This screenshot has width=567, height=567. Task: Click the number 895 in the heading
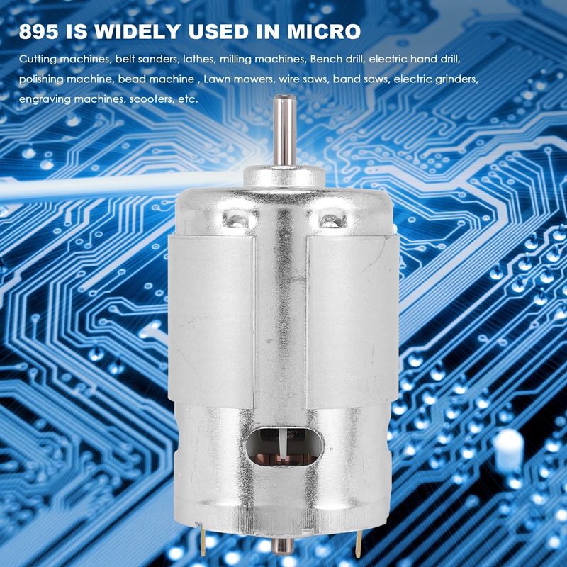tap(37, 33)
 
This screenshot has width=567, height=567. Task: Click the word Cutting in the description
tap(38, 59)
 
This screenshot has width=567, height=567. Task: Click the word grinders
tap(460, 79)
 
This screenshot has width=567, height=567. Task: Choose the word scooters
tap(151, 99)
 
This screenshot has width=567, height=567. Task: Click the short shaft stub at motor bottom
tap(283, 546)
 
